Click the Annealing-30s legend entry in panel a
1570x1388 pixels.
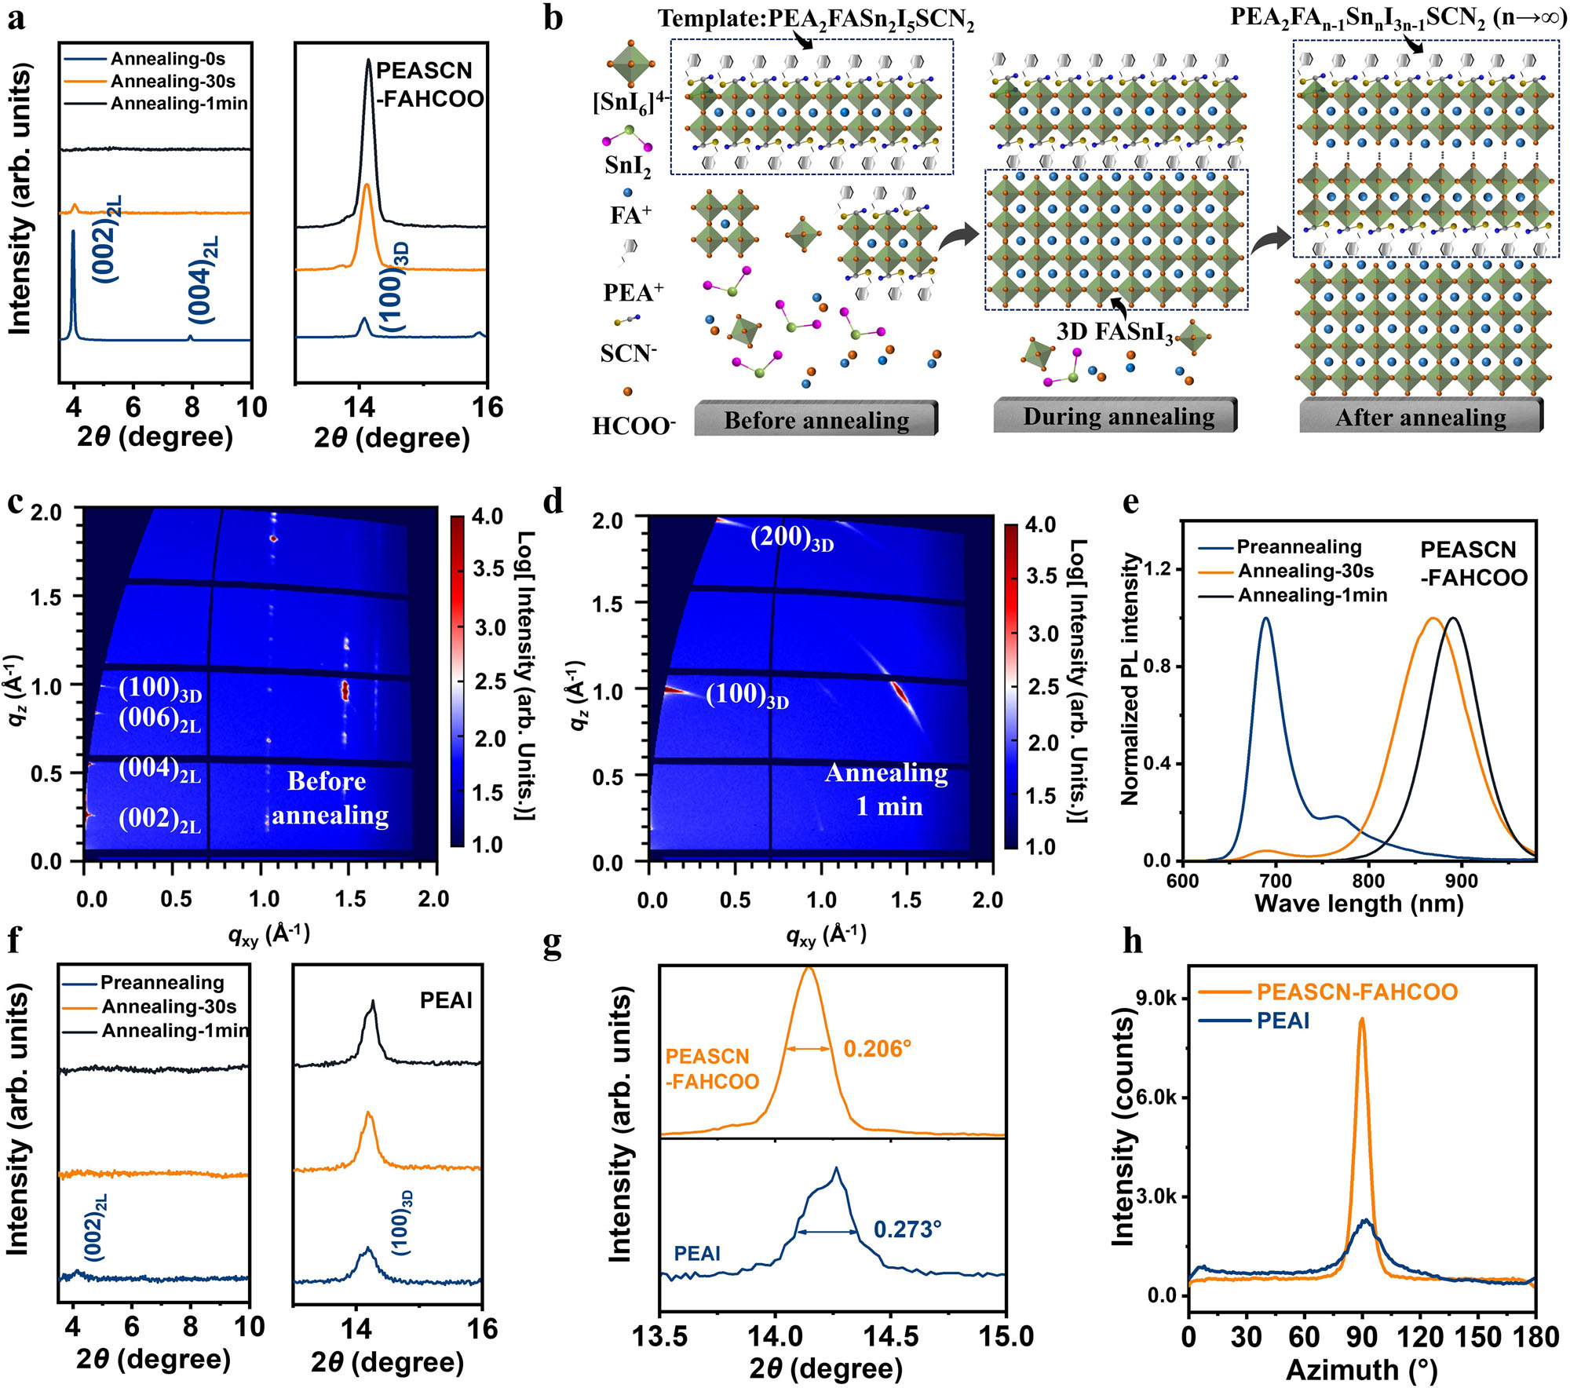(x=172, y=81)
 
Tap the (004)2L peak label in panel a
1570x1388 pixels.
(x=203, y=279)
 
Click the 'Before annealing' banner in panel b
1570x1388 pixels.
(x=816, y=420)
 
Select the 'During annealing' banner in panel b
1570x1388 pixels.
(x=1118, y=416)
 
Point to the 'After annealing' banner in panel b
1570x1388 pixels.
(x=1421, y=418)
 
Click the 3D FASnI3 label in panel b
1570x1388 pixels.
(x=1114, y=332)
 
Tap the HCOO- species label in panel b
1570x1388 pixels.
(x=633, y=426)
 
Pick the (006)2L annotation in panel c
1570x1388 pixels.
(x=159, y=719)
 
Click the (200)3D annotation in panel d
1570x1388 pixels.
(x=791, y=539)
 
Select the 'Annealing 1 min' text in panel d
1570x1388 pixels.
(x=887, y=790)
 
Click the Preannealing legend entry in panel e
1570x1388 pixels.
(x=1298, y=547)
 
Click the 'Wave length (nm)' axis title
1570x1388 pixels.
(x=1359, y=904)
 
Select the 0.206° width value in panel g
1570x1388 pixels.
(x=877, y=1049)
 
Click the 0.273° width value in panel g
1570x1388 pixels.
(x=907, y=1229)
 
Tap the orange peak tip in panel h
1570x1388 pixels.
(x=1361, y=1020)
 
